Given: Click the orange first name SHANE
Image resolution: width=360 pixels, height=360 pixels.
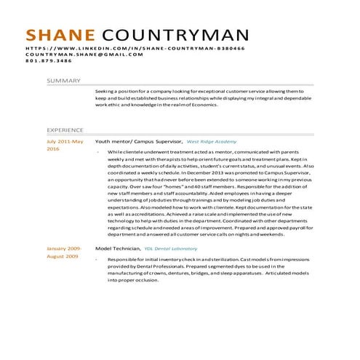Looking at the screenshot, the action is (x=60, y=36).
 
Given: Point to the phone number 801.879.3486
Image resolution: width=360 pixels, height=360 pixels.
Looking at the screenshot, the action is (x=49, y=61).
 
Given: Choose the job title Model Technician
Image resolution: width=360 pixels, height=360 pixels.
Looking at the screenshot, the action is (x=117, y=249).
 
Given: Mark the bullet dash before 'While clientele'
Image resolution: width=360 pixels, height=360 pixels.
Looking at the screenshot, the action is (x=97, y=152).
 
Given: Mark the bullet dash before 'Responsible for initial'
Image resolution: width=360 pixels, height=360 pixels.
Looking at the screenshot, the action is (x=97, y=260).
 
